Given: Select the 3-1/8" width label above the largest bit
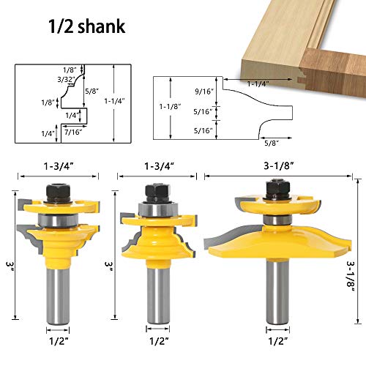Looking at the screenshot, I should (x=280, y=167).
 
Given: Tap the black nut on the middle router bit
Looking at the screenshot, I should (x=154, y=193).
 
